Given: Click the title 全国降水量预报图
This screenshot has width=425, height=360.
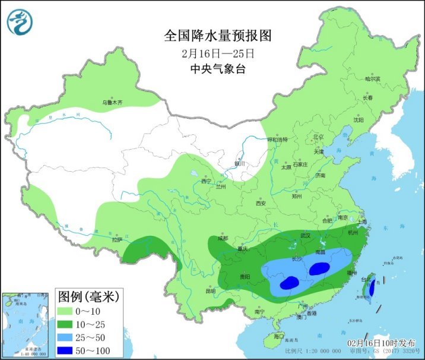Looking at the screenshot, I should tap(217, 36).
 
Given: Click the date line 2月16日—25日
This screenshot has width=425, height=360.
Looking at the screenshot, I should tap(217, 53).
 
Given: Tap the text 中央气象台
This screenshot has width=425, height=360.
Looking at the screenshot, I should tap(217, 68).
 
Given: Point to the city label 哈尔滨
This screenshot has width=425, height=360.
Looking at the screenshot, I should tap(372, 78).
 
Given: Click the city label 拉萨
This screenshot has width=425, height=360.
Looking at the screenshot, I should tap(116, 240).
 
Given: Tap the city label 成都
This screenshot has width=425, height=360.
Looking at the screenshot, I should tap(223, 239).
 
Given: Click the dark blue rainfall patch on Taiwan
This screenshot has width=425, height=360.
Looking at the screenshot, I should tap(372, 288).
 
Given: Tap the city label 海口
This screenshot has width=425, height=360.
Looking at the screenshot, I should tap(278, 336).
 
